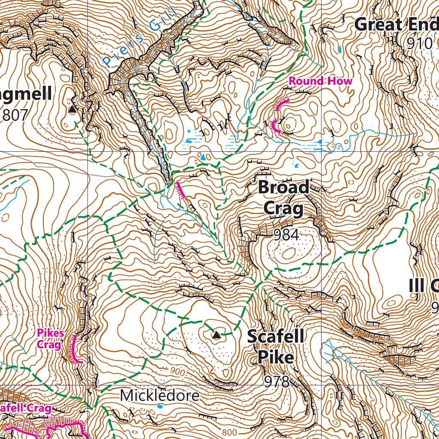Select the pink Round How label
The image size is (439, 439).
(x=320, y=81)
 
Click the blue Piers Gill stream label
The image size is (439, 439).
(x=140, y=39)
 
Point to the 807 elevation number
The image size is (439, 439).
(x=15, y=115)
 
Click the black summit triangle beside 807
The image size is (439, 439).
(x=72, y=110)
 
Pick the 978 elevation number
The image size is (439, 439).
(x=277, y=381)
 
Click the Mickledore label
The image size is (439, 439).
(x=159, y=395)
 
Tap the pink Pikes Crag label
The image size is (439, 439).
(x=51, y=338)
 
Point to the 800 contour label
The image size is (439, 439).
(x=230, y=432)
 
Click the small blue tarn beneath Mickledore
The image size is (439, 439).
(x=160, y=406)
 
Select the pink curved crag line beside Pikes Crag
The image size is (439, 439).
(x=75, y=349)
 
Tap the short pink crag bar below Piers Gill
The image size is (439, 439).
(x=180, y=190)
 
